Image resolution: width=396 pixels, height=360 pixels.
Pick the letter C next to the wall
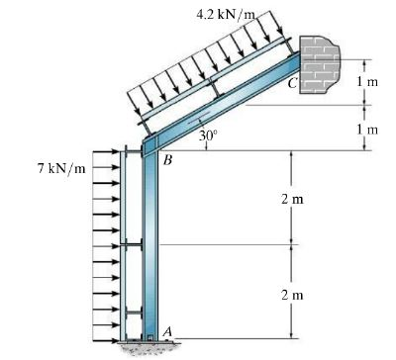click(292, 84)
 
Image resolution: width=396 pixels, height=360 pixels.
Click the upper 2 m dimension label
click(291, 198)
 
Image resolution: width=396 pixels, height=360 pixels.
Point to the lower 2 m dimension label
click(291, 294)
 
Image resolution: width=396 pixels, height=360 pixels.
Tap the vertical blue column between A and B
click(149, 247)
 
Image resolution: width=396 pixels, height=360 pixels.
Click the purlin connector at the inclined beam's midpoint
click(216, 97)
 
